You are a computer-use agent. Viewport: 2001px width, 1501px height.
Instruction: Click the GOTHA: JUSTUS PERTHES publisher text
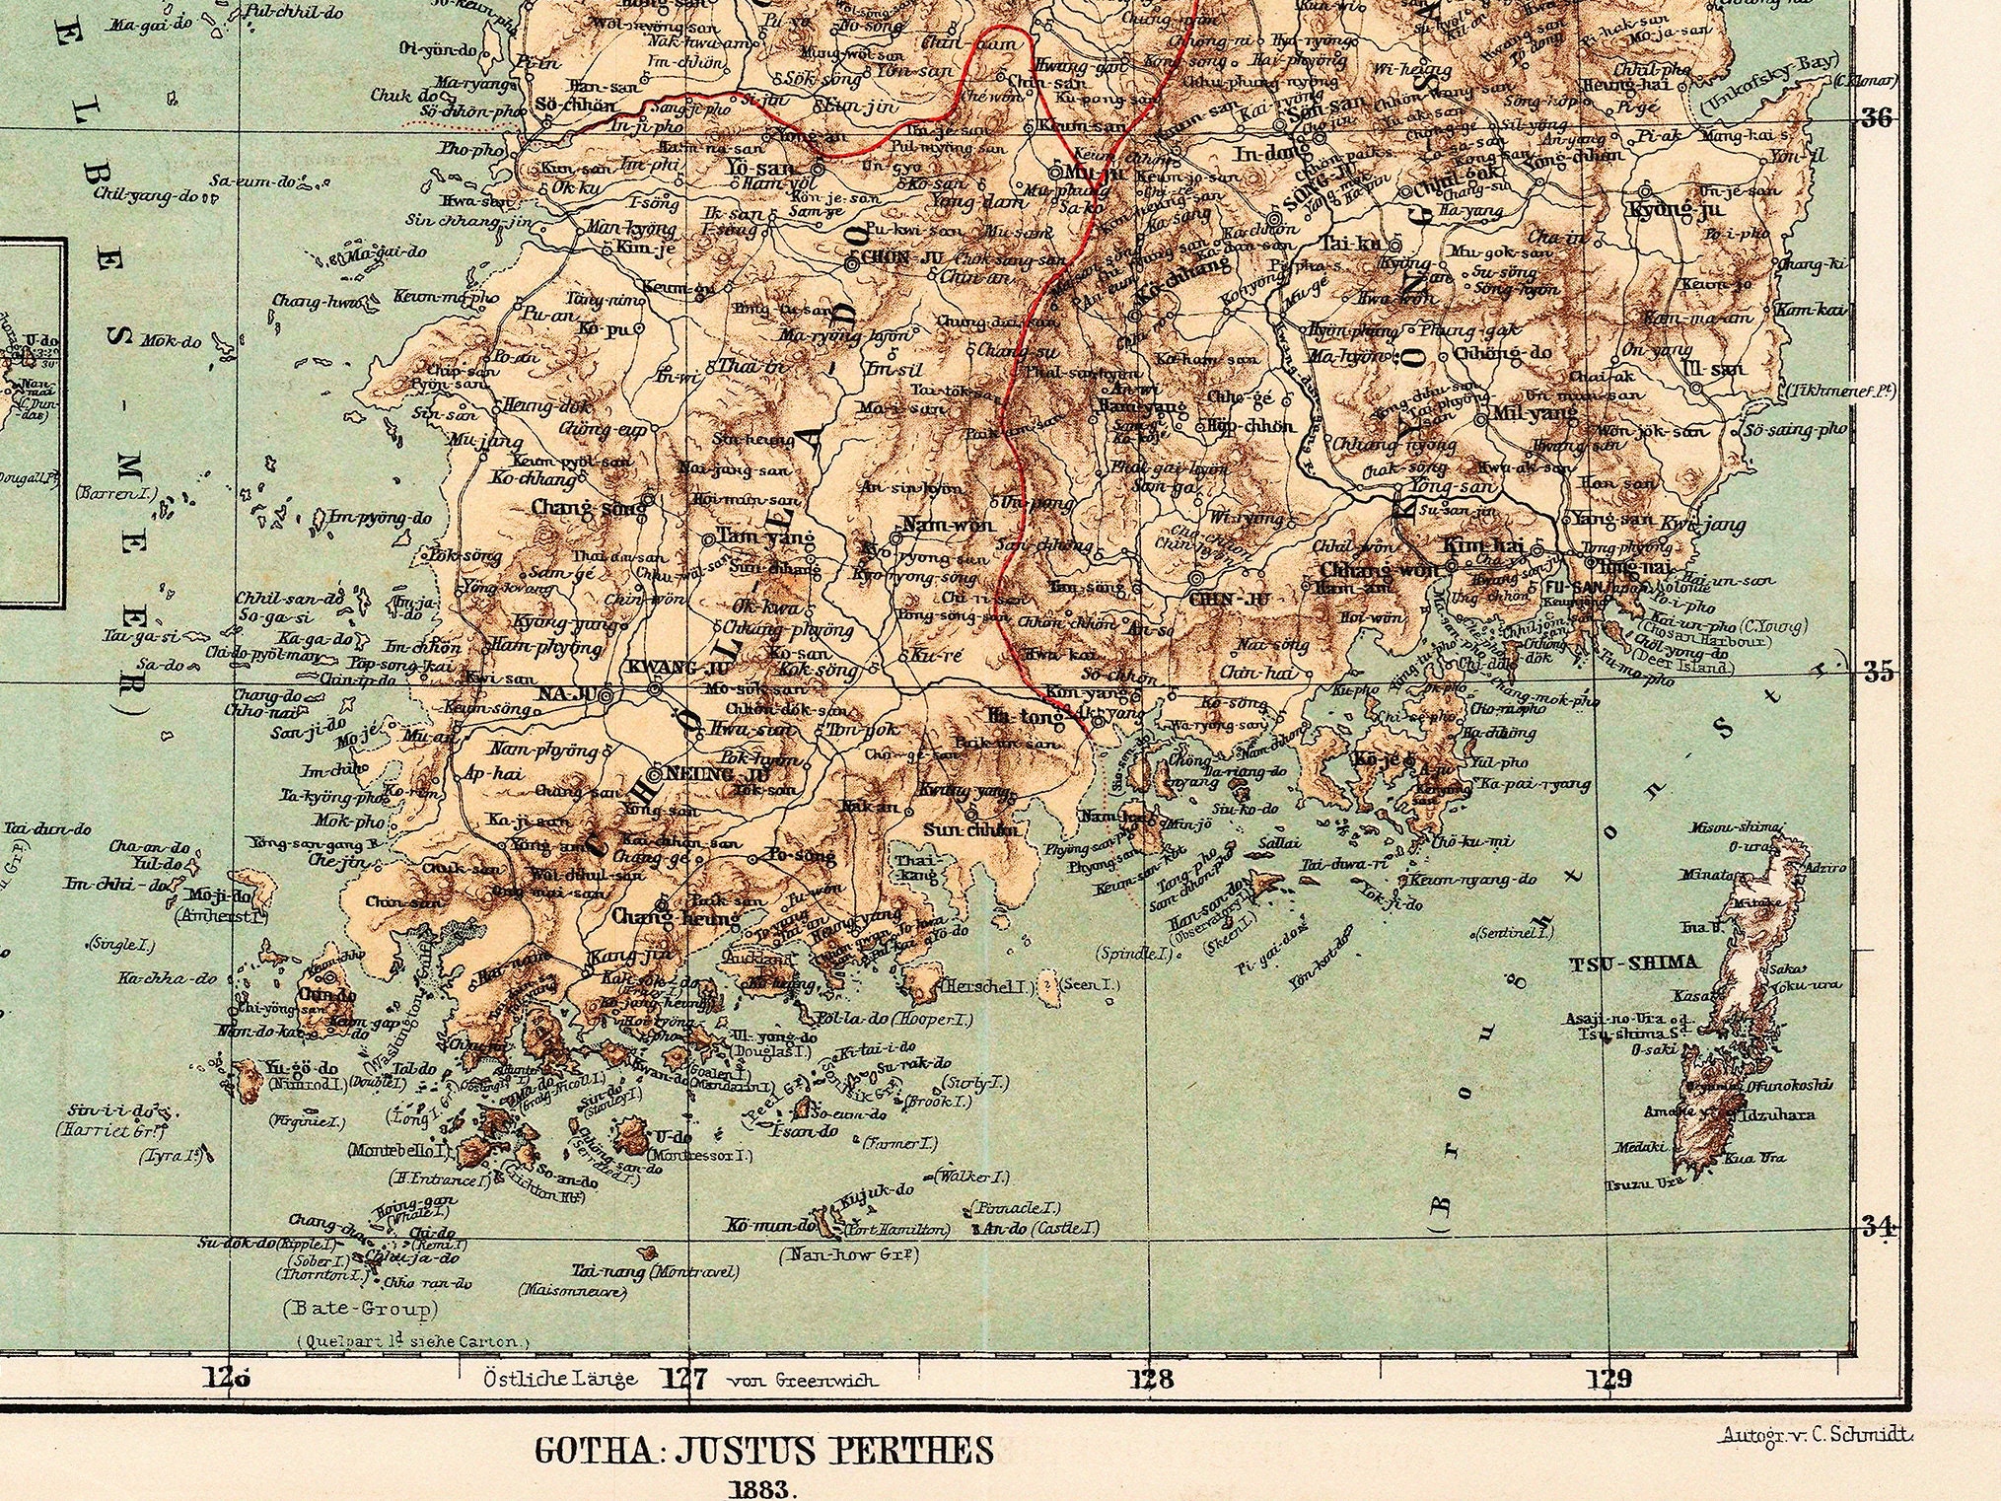pyautogui.click(x=764, y=1450)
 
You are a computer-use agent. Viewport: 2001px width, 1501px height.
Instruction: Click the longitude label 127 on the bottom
pyautogui.click(x=684, y=1379)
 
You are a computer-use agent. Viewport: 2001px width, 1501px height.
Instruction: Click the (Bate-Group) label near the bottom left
pyautogui.click(x=360, y=1310)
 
